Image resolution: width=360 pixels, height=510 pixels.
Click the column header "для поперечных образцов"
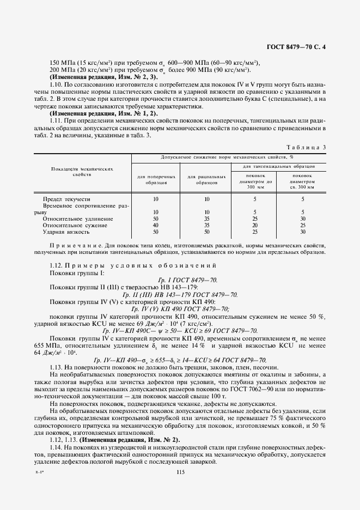pyautogui.click(x=156, y=180)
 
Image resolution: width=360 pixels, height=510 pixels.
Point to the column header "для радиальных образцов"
pyautogui.click(x=207, y=180)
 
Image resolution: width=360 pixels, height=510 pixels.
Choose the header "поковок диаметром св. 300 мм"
pyautogui.click(x=302, y=181)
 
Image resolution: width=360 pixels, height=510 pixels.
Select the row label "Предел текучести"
pyautogui.click(x=67, y=199)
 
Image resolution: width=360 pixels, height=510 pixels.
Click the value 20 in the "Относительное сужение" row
pyautogui.click(x=255, y=225)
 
